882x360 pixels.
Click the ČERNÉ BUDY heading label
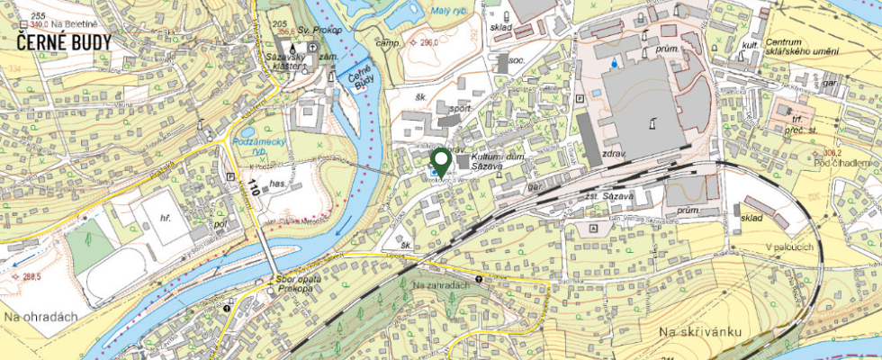(64, 42)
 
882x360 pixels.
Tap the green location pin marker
(440, 161)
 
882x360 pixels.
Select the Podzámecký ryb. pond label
(258, 148)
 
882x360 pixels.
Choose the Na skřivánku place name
(699, 333)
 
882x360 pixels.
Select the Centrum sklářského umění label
(804, 47)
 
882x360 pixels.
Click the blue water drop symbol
(615, 63)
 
